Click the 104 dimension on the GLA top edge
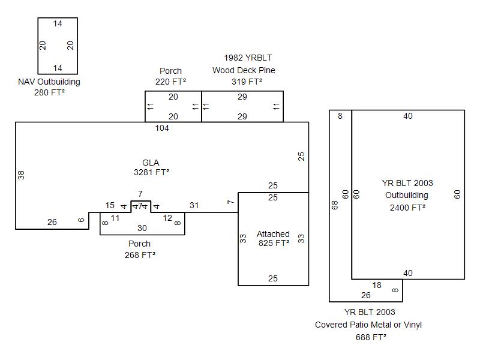click(x=162, y=128)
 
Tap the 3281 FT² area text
click(x=151, y=173)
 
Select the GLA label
click(x=151, y=163)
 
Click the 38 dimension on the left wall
click(x=22, y=175)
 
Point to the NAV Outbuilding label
click(x=49, y=82)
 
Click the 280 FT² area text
click(x=49, y=92)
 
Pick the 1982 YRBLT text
click(x=248, y=58)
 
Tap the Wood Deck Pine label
click(x=244, y=70)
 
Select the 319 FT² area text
click(x=247, y=82)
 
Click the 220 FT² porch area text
click(x=170, y=82)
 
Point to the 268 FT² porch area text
click(x=140, y=254)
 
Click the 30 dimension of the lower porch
click(x=142, y=228)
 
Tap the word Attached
click(x=273, y=234)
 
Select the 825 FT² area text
click(x=274, y=244)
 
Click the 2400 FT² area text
click(x=407, y=207)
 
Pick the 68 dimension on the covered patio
click(x=335, y=205)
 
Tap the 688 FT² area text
click(x=371, y=337)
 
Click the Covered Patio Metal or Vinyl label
click(x=368, y=325)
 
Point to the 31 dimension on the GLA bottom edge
click(x=194, y=205)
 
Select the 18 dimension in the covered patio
click(x=377, y=285)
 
